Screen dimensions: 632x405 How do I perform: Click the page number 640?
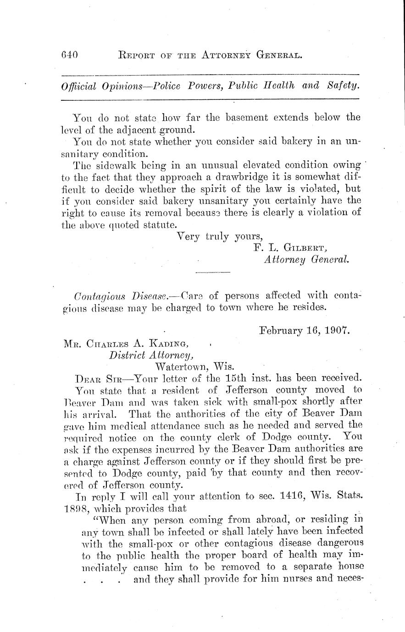pyautogui.click(x=70, y=55)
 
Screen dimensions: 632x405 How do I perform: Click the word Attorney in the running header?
pyautogui.click(x=220, y=55)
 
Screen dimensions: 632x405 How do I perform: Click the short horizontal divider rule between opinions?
pyautogui.click(x=212, y=273)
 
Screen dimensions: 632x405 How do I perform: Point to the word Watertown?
pyautogui.click(x=183, y=367)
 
